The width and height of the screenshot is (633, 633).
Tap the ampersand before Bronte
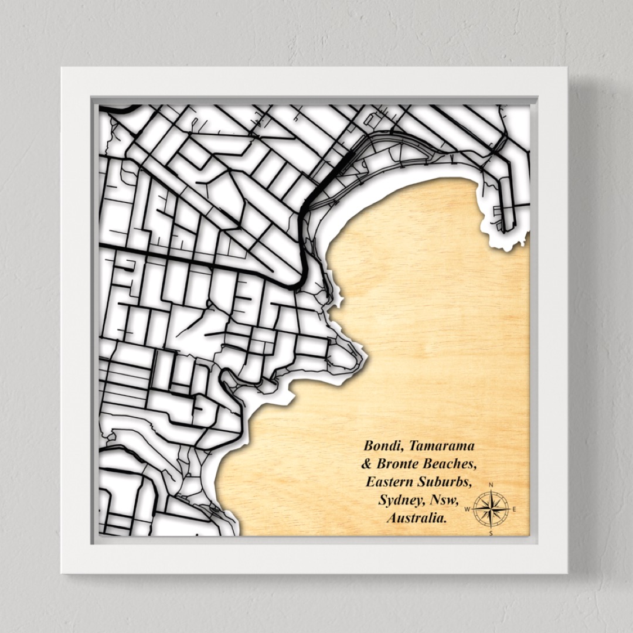coord(366,464)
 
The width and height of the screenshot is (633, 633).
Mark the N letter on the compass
coord(491,485)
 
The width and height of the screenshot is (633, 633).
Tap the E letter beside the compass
coord(515,509)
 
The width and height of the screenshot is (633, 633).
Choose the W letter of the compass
coord(467,509)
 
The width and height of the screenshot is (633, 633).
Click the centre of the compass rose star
coord(491,509)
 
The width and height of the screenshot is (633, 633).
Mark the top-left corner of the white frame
coord(62,68)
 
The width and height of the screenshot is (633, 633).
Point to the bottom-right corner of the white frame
coord(567,573)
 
